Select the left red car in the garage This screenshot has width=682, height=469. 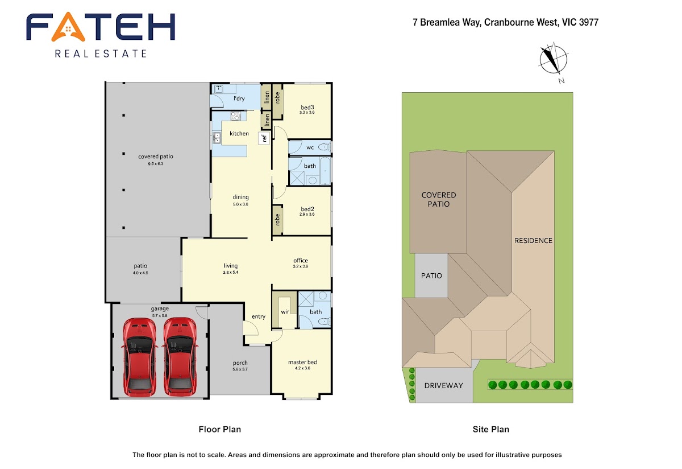(140, 357)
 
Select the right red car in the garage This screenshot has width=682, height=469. (180, 357)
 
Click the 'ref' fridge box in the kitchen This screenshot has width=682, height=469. (264, 138)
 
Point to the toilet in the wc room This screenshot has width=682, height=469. (325, 147)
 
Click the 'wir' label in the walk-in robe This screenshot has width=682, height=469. (285, 312)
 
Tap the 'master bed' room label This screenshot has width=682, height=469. (302, 362)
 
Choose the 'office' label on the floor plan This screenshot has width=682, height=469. (301, 260)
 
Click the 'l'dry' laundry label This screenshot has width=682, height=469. (239, 98)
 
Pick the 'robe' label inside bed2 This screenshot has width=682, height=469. (277, 220)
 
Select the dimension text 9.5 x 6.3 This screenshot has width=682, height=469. (156, 164)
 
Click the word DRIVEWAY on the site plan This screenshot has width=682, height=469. (444, 385)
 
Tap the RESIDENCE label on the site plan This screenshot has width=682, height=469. (533, 241)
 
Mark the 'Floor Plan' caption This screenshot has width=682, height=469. (219, 429)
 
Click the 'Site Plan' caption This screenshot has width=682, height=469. (491, 429)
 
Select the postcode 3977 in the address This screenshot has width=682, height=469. (589, 22)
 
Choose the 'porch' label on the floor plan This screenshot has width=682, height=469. (240, 363)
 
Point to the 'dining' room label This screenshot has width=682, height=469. (240, 197)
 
